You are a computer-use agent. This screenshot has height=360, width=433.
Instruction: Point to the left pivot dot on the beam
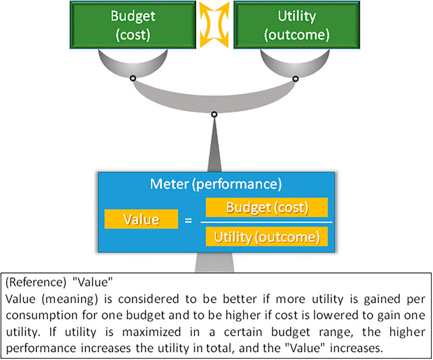131,78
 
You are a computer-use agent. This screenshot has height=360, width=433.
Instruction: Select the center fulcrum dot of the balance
214,114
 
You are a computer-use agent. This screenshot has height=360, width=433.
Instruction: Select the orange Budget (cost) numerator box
267,207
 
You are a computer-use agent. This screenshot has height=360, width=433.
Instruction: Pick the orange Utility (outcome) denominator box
267,236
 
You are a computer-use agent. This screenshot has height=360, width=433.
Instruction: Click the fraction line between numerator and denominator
267,221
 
